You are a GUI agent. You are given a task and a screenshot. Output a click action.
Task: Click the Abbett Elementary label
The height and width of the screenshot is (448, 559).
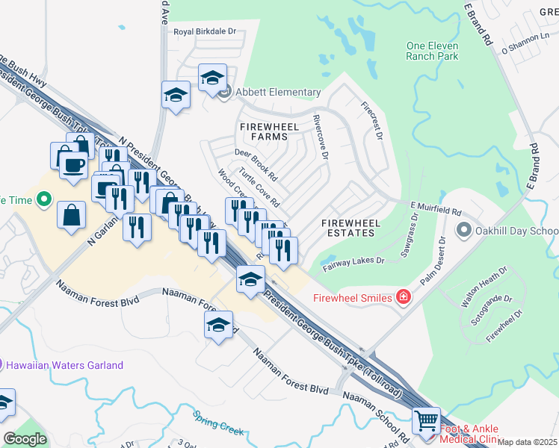279,93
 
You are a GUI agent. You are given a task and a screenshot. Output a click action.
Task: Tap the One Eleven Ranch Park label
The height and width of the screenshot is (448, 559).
432,51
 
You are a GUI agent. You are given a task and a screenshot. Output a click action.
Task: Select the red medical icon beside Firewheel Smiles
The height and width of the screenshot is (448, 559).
404,298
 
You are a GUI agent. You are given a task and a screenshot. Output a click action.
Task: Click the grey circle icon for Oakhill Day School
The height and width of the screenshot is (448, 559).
465,230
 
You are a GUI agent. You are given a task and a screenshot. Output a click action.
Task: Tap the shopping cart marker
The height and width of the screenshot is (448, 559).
426,421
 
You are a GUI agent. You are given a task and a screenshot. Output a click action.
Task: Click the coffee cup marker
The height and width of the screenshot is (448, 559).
72,164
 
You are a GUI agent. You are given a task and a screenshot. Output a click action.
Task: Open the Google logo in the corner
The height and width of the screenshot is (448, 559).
25,438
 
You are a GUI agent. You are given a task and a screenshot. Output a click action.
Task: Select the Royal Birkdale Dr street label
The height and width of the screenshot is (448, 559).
205,32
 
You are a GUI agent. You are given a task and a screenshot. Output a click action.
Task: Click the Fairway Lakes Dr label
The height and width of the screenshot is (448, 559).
353,261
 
